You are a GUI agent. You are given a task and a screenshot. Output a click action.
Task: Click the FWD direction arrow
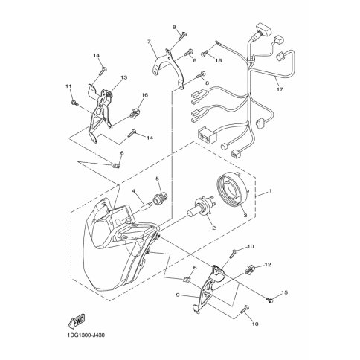click(x=76, y=321)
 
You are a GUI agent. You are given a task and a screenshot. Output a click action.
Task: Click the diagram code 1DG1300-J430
click(x=86, y=335)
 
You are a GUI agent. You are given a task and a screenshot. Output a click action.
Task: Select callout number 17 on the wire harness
click(x=280, y=89)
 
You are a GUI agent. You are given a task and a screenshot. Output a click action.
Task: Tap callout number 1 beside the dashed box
click(x=270, y=191)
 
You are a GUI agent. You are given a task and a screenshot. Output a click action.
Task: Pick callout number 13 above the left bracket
click(x=124, y=77)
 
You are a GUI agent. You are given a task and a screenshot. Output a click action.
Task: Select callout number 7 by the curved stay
click(x=149, y=42)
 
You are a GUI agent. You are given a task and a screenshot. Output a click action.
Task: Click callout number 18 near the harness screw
click(x=219, y=60)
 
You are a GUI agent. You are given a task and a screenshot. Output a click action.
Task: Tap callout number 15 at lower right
click(x=284, y=293)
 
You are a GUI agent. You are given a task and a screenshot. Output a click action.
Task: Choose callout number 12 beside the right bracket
click(x=268, y=265)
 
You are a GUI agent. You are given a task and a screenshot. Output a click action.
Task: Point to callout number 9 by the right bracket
click(x=178, y=295)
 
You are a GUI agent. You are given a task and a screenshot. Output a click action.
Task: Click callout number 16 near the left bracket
click(x=144, y=95)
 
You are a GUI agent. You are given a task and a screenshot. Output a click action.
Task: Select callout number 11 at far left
click(x=68, y=86)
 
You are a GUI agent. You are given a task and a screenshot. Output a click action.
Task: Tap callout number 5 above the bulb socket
click(x=157, y=179)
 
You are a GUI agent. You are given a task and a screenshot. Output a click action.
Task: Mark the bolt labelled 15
click(x=269, y=300)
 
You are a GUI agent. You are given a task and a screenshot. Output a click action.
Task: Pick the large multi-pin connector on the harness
click(x=205, y=135)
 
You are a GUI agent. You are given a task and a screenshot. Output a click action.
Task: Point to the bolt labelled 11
click(x=74, y=103)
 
